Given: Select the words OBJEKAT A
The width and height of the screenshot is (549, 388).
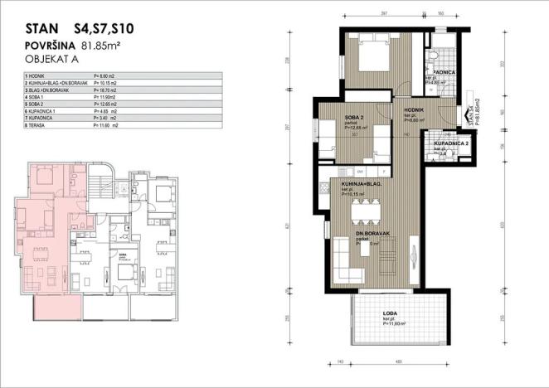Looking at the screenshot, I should (52, 61).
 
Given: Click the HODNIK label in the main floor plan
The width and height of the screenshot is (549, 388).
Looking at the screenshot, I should (414, 110).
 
